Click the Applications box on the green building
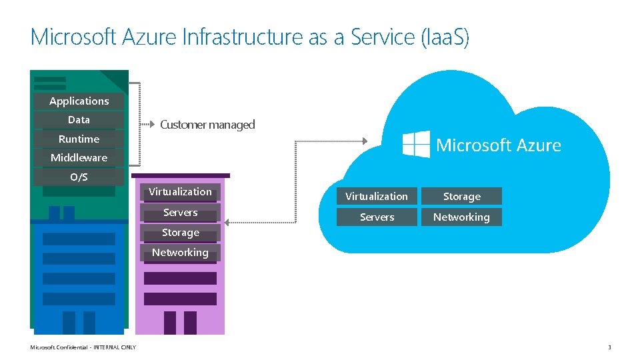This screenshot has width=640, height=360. (79, 101)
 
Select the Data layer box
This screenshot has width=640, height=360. (79, 120)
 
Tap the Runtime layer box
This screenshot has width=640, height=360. (79, 139)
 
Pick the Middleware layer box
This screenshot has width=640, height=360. (79, 158)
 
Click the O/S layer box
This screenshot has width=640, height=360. (79, 177)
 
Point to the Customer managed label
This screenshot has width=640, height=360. (207, 125)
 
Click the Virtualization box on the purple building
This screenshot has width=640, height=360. (180, 192)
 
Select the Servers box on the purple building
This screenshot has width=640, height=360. (180, 213)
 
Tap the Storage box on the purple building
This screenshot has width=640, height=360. (180, 233)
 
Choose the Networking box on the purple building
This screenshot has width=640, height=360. (180, 253)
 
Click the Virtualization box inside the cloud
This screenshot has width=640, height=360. (377, 197)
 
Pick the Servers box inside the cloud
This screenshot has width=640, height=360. (377, 217)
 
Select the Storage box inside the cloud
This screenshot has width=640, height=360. (461, 197)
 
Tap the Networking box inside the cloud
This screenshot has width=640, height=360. (461, 217)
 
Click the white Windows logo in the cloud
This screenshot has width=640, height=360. (416, 144)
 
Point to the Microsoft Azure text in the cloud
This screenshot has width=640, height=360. (498, 145)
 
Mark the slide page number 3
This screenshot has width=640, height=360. (609, 347)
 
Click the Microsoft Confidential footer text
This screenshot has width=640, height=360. (83, 347)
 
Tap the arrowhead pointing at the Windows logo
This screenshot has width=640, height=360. (364, 141)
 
